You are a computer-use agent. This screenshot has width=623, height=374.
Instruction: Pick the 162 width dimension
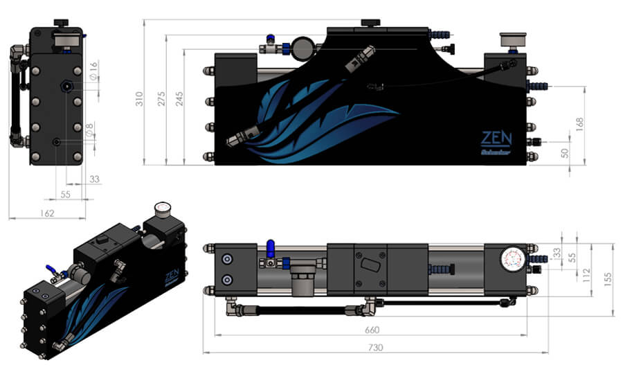pos(48,213)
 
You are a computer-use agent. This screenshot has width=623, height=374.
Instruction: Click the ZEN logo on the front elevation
pos(496,138)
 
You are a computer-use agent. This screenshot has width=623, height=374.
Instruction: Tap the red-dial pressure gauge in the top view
pos(512,260)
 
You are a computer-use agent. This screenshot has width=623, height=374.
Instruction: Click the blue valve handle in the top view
pos(271,247)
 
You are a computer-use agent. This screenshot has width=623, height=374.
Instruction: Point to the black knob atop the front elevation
pos(371,22)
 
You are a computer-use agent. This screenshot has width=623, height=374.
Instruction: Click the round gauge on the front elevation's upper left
pos(301,48)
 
